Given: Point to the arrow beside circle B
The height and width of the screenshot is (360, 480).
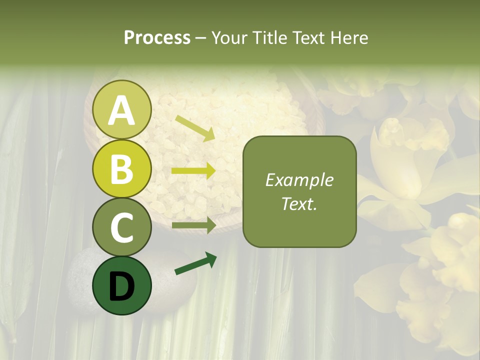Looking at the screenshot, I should pos(193,171).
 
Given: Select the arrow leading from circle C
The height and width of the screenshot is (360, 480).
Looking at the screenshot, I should pos(193,226).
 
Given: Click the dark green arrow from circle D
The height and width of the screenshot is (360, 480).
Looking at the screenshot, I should pos(195,264).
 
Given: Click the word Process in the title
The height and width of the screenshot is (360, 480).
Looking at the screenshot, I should pos(157,37).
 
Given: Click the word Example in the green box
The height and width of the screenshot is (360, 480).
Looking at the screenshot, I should pos(299,180).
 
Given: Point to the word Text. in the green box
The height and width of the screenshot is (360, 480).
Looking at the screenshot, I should pos(299,203).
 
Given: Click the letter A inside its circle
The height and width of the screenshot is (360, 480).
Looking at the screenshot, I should pos(122,111).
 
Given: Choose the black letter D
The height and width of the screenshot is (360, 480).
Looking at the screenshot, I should pos(122,286).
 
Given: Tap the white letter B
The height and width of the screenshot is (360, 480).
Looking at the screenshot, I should pos(122,169).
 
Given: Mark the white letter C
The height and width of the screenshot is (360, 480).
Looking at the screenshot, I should pos(122,227).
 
